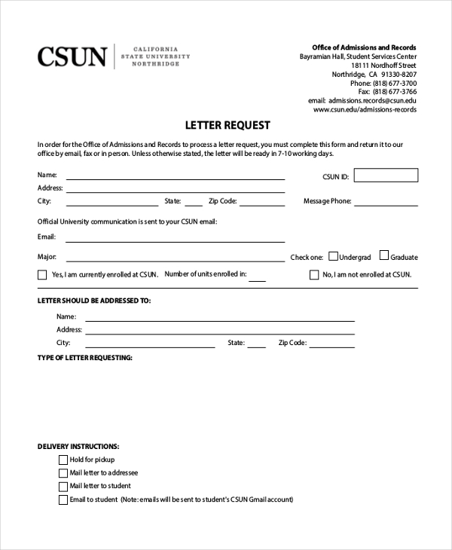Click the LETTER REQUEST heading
(x=228, y=125)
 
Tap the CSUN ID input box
(x=385, y=176)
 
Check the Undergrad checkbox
(x=333, y=256)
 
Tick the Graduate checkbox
(x=384, y=256)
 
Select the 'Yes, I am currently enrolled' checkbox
(x=42, y=275)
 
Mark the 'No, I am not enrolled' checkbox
(x=314, y=275)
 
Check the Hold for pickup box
(x=63, y=460)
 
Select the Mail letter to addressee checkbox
(x=63, y=473)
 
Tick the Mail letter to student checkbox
(x=63, y=486)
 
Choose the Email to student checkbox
(x=63, y=500)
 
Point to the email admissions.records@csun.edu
(x=372, y=100)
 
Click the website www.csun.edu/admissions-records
(x=365, y=109)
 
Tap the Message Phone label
(x=327, y=201)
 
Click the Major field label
(x=47, y=257)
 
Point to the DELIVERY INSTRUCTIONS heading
(x=78, y=447)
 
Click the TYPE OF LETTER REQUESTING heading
(x=85, y=357)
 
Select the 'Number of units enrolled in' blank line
(x=258, y=280)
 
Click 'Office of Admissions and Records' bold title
(x=364, y=47)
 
